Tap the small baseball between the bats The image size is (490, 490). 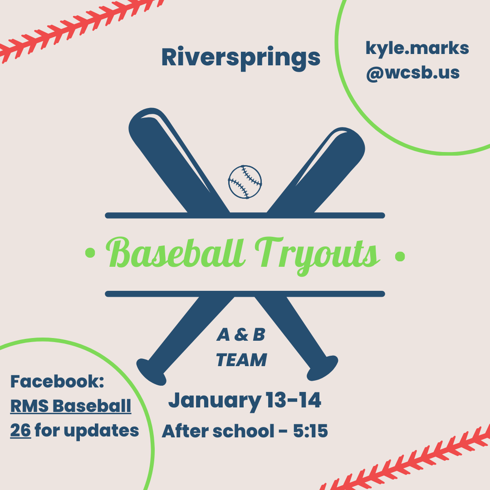pos(245,182)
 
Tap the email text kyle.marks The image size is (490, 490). pos(417,49)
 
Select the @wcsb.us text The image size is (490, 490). pos(412,73)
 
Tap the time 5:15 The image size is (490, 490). pos(310,431)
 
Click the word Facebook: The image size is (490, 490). pos(57,382)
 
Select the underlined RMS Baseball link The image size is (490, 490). pos(71,406)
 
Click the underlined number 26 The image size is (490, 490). pos(21,430)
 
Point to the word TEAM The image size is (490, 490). pos(241,360)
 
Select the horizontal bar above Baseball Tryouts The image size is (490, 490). pos(245,215)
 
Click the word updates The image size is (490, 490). pos(101,431)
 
